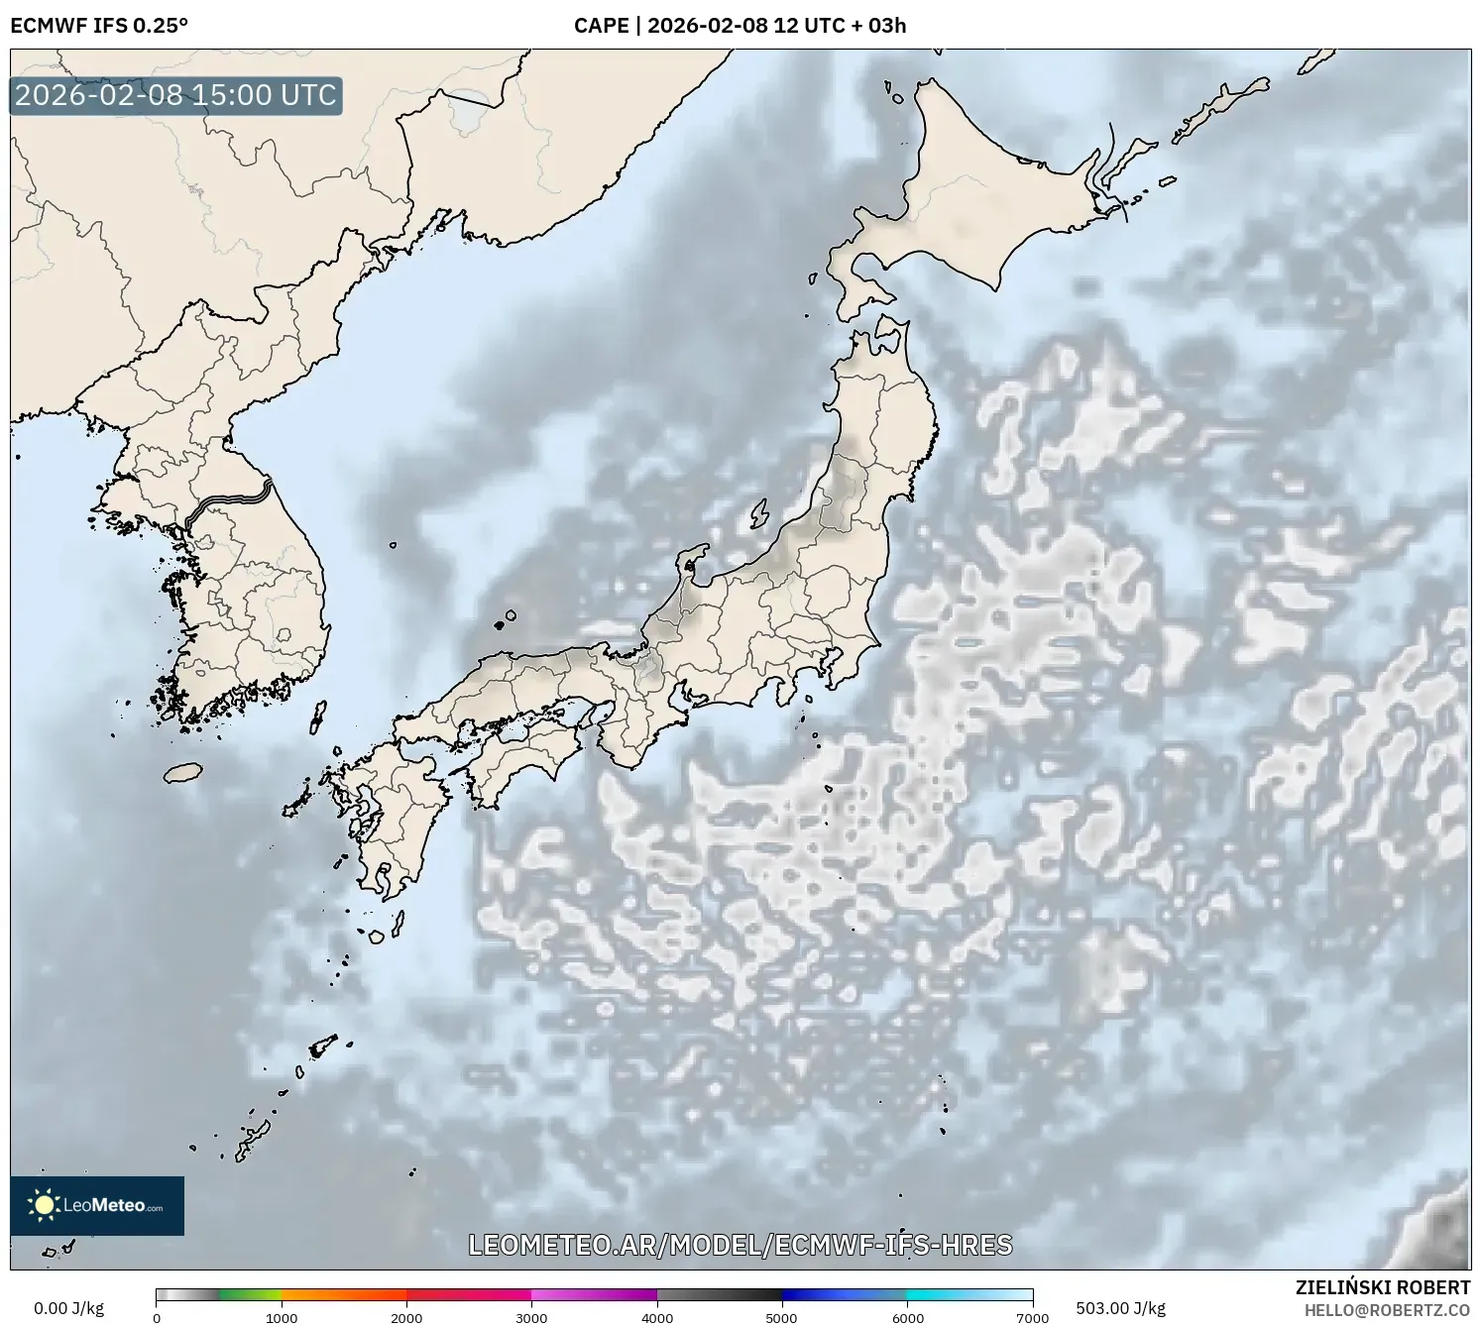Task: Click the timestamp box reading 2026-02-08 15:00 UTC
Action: (x=175, y=95)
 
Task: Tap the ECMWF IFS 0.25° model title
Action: (x=99, y=26)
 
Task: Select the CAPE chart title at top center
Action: (x=740, y=26)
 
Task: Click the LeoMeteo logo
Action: (x=97, y=1205)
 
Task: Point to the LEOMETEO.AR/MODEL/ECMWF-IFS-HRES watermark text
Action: (x=740, y=1245)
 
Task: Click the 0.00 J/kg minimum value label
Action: (x=68, y=1308)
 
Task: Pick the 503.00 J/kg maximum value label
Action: (x=1120, y=1308)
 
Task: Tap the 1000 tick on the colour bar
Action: (x=282, y=1318)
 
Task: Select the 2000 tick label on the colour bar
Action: (x=406, y=1318)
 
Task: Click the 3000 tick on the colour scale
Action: (x=531, y=1318)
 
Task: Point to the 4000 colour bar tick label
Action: (x=657, y=1318)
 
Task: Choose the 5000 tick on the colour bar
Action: (x=782, y=1318)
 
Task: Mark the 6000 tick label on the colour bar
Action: (x=907, y=1318)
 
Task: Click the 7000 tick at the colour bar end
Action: (x=1032, y=1318)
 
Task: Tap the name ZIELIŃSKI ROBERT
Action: (x=1383, y=1287)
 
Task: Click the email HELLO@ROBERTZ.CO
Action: (x=1387, y=1310)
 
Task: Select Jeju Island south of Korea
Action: (x=183, y=772)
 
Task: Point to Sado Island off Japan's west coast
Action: (x=759, y=513)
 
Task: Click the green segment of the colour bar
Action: (x=248, y=1294)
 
